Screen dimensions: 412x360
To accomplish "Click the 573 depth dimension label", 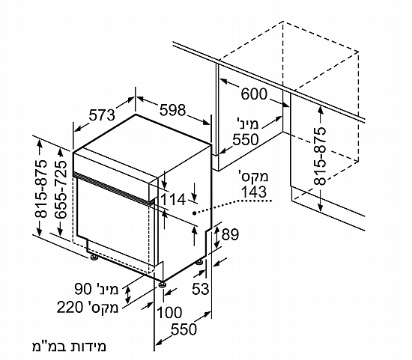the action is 102,115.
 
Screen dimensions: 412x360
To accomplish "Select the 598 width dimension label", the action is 172,110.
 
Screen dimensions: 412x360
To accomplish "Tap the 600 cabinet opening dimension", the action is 254,94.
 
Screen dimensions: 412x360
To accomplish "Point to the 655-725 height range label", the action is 61,189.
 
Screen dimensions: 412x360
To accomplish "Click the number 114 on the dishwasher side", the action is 173,199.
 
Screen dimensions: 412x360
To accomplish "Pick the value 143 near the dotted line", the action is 254,192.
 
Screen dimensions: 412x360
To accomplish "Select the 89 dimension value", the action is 230,234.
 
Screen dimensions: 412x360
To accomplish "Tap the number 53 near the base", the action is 201,289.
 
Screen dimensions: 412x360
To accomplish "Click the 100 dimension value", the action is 169,312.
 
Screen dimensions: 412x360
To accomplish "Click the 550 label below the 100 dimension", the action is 184,329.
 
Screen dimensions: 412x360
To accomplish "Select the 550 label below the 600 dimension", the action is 246,139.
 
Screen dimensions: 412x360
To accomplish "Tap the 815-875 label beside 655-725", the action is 41,189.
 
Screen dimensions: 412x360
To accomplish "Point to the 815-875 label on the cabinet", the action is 320,156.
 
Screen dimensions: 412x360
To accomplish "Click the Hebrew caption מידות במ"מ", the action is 69,347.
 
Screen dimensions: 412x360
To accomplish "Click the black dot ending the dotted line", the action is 194,213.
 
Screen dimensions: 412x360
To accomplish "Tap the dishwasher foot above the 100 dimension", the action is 162,284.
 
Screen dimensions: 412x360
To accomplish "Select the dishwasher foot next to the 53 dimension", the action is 199,262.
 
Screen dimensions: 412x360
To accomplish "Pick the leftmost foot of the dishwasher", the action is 94,257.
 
